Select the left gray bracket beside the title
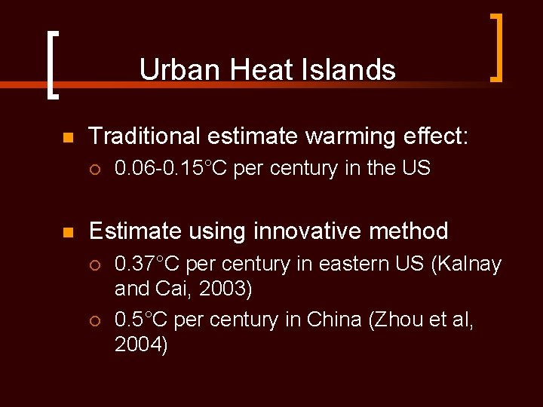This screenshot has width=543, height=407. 51,65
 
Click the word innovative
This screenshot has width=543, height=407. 311,231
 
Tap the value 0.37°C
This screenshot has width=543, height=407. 148,265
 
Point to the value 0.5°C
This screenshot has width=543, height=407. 142,320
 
